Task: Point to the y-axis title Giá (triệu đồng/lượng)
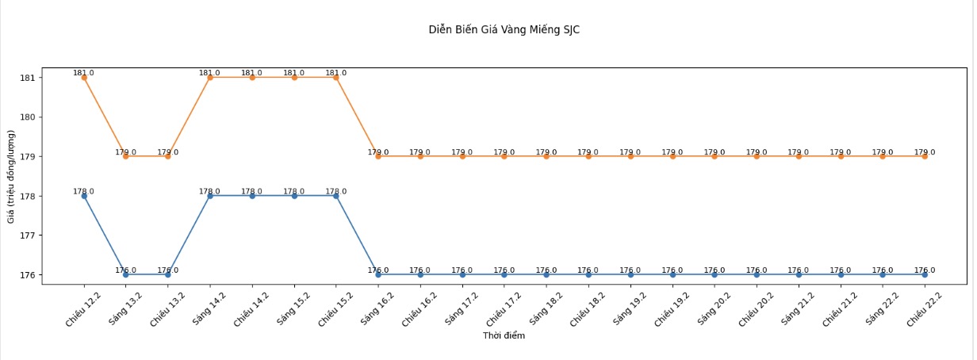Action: [x=12, y=176]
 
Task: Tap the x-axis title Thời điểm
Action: [x=504, y=335]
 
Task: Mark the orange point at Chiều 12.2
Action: [x=84, y=78]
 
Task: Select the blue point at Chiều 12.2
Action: [x=84, y=196]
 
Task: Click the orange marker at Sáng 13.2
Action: [x=126, y=156]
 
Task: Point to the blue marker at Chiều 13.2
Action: [x=168, y=274]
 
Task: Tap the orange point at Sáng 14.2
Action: [x=210, y=78]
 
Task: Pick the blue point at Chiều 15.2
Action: [x=336, y=196]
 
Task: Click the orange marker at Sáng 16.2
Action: [x=378, y=156]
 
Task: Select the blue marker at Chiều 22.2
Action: [x=925, y=274]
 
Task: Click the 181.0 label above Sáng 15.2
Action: [x=294, y=73]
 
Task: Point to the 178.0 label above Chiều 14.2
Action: [x=252, y=191]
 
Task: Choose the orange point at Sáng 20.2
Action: [x=715, y=156]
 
